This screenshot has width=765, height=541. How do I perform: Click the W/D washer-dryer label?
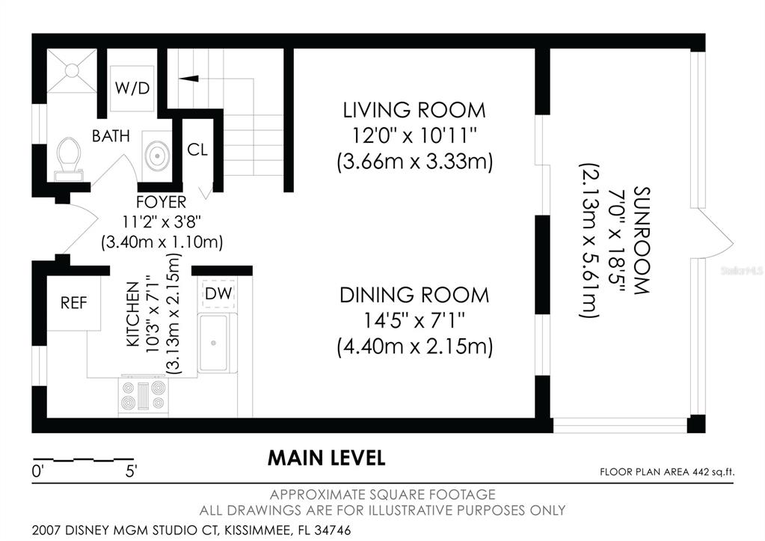click(132, 88)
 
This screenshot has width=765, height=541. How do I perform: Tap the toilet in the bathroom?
click(69, 158)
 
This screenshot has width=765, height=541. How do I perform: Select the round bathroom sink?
click(156, 156)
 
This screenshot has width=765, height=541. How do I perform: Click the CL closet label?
click(197, 150)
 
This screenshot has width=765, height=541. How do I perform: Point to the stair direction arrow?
click(188, 78)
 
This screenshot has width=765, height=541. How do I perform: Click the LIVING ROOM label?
click(414, 110)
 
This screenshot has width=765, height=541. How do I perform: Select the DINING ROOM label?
click(414, 296)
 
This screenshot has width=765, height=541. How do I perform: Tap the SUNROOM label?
click(641, 240)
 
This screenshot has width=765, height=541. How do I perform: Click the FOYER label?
click(161, 202)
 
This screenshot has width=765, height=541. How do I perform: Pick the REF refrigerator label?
click(74, 303)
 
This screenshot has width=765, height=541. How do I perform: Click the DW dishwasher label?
click(218, 294)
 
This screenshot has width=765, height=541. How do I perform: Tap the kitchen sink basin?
click(213, 343)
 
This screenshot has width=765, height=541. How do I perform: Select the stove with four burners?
click(144, 396)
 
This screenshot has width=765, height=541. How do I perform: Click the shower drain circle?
click(72, 71)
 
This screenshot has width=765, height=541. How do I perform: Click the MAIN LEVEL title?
click(326, 458)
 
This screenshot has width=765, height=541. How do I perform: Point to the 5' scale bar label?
click(131, 471)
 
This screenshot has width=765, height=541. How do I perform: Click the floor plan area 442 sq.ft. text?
click(667, 472)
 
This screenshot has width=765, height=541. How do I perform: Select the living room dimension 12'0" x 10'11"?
click(414, 135)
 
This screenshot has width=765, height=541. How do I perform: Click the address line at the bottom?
click(191, 531)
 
